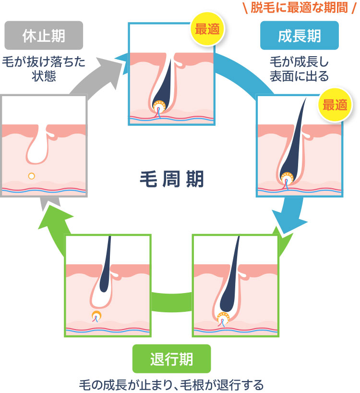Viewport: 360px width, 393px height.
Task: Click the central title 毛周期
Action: coord(171,179)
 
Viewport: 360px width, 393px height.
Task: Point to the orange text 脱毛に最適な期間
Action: coord(299,8)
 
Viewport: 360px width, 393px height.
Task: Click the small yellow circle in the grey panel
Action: coord(32,176)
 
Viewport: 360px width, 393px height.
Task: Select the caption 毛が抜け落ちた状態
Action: coord(44,69)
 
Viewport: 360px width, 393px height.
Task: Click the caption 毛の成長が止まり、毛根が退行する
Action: coord(171,385)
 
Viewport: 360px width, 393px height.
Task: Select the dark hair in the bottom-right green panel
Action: coord(229,283)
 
